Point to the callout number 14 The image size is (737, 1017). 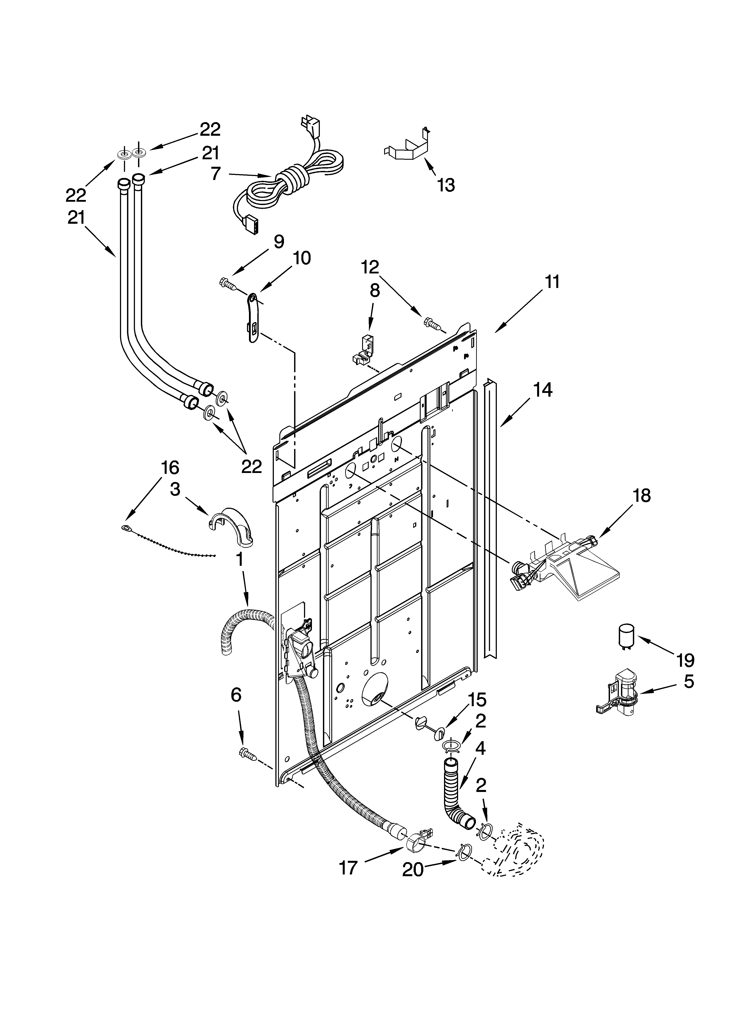pos(543,390)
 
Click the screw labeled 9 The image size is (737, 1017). pos(227,283)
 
